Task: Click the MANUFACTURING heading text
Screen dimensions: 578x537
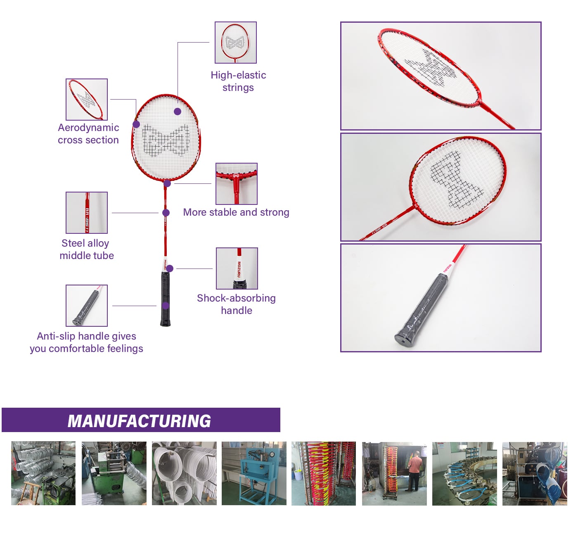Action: tap(139, 421)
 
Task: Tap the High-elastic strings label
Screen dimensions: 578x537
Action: tap(238, 81)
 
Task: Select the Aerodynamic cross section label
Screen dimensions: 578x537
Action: tap(88, 134)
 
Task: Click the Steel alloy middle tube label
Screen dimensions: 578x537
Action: tap(86, 249)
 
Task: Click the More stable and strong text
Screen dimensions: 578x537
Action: tap(236, 212)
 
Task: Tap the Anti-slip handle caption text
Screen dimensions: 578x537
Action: tap(86, 342)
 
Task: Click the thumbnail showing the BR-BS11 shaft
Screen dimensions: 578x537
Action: tap(86, 213)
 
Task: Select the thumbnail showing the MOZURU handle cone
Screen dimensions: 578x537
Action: tap(237, 268)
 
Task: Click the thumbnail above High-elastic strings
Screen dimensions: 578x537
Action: tap(235, 43)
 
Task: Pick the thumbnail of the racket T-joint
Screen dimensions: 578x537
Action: tap(236, 184)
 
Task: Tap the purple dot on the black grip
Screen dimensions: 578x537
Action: tap(166, 306)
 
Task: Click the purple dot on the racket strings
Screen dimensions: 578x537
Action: tap(178, 111)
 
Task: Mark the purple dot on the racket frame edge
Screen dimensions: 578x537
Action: tap(136, 124)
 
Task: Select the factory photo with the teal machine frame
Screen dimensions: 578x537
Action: tap(254, 473)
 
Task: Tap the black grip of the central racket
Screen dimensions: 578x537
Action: tap(165, 299)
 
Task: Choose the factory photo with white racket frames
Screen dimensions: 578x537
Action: tap(184, 473)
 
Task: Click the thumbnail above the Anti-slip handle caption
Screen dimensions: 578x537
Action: tap(86, 306)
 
